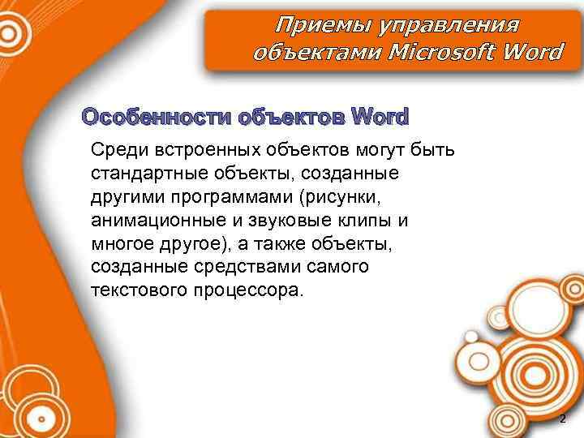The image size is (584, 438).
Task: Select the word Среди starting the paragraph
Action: click(x=118, y=149)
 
